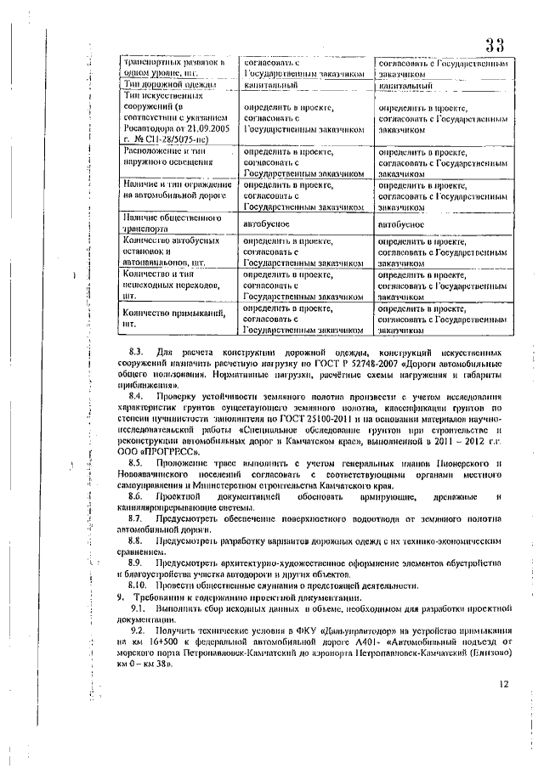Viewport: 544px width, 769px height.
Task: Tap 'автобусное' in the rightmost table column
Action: point(401,223)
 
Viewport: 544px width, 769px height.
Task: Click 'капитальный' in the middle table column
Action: point(269,86)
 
